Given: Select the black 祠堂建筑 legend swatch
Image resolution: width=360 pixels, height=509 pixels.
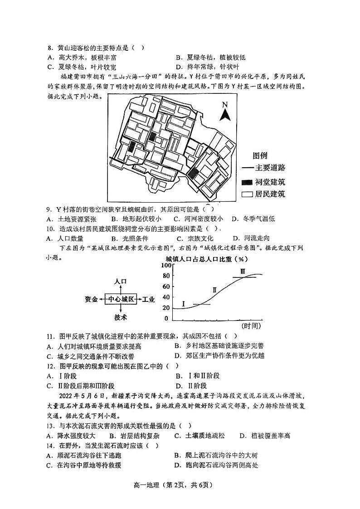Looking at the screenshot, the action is pyautogui.click(x=247, y=182).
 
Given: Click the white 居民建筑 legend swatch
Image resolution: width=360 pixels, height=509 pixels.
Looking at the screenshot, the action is pyautogui.click(x=247, y=194).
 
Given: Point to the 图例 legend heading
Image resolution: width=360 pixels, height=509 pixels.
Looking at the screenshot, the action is pyautogui.click(x=260, y=155).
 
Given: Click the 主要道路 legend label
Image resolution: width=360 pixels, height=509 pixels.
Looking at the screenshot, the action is pyautogui.click(x=271, y=168).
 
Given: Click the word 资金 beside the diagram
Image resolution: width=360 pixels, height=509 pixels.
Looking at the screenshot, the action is pyautogui.click(x=91, y=299).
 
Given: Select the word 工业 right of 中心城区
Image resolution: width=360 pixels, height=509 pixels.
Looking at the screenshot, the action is pyautogui.click(x=148, y=299).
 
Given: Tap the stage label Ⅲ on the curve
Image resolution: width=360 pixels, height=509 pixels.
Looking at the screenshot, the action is pyautogui.click(x=243, y=271).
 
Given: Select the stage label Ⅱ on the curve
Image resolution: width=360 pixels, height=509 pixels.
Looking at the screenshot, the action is pyautogui.click(x=214, y=290).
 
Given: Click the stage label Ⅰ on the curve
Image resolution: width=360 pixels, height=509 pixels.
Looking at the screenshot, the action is pyautogui.click(x=184, y=303).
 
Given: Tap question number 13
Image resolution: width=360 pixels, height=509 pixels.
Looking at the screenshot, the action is pyautogui.click(x=50, y=426).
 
